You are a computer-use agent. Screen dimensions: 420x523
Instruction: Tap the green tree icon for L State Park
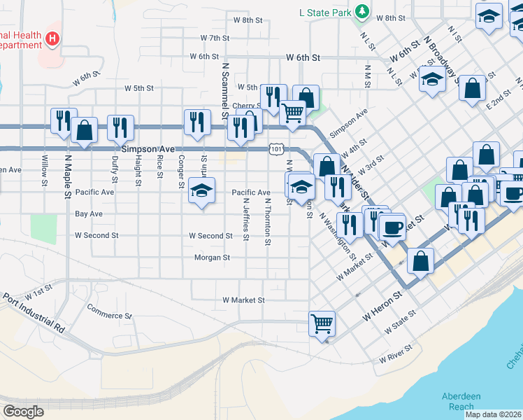pos(361,11)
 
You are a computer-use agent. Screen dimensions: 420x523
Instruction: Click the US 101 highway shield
pos(276,149)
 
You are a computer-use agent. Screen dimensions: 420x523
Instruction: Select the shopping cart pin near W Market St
pos(322,323)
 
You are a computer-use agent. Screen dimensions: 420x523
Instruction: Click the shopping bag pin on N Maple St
pos(85,129)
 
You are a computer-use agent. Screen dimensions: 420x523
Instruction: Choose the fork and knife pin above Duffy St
pos(120,127)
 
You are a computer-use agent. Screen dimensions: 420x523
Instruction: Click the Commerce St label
pos(109,311)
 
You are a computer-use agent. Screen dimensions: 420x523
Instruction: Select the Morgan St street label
pos(213,258)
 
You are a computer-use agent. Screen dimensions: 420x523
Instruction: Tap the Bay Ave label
pos(89,213)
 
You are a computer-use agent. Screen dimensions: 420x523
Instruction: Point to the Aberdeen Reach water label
pos(461,401)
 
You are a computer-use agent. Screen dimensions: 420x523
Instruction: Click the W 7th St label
pos(215,38)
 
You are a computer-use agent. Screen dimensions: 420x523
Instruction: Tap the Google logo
pos(24,412)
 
